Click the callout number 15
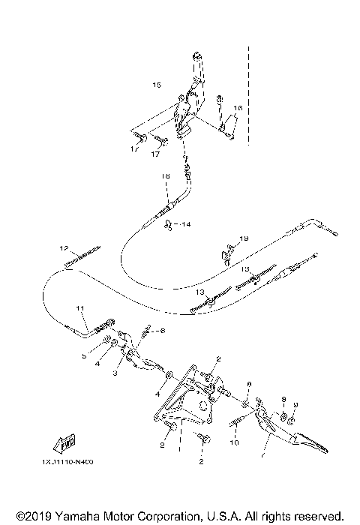(156, 84)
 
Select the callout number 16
(238, 109)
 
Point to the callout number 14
(185, 224)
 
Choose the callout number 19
(244, 238)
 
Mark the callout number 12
(64, 247)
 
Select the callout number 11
(79, 308)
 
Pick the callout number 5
(84, 357)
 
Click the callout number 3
(115, 373)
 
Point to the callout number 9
(295, 404)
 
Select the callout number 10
(232, 443)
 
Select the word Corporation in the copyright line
(163, 517)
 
